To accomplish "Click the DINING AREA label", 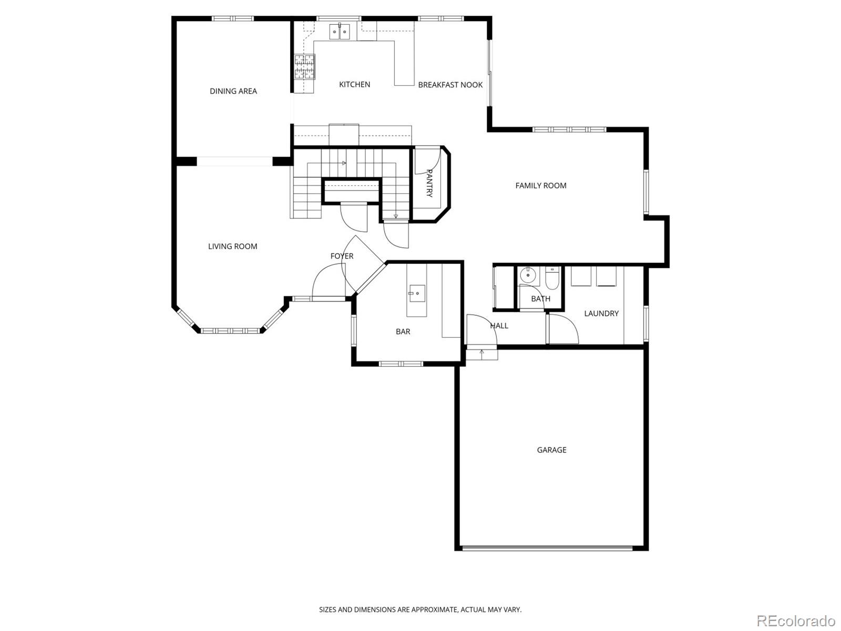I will coord(233,91).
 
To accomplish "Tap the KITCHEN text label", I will coord(354,84).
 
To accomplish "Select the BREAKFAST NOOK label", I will coord(450,85).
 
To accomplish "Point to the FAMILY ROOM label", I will coord(540,185).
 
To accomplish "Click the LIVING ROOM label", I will coord(232,246).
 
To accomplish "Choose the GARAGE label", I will coord(551,450).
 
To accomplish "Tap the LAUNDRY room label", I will coord(601,313).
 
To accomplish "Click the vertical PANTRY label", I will coord(429,183).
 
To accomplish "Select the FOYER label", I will coord(342,256).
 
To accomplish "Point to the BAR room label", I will coord(403,332).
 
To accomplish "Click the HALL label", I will coord(499,326).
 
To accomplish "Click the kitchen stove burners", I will coord(304,67).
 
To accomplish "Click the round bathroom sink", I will coord(527,275).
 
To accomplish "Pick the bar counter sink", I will coord(417,293).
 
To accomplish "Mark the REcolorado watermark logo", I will coord(795,620).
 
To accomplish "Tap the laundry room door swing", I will coord(562,329).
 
